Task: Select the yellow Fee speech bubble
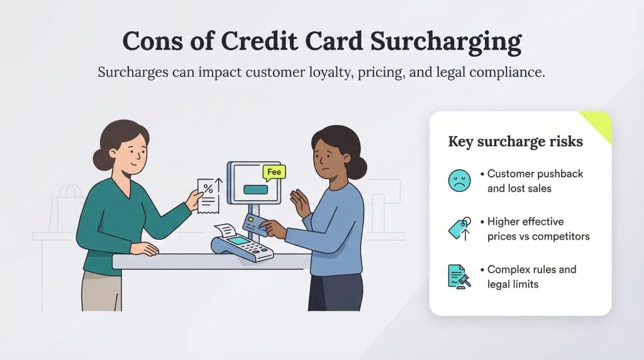[274, 171]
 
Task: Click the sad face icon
[459, 181]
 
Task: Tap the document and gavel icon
[459, 276]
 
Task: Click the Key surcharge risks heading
[515, 141]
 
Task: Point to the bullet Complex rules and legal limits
[531, 276]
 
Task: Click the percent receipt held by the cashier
[209, 194]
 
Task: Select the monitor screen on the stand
[255, 183]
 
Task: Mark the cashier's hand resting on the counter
[145, 248]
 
